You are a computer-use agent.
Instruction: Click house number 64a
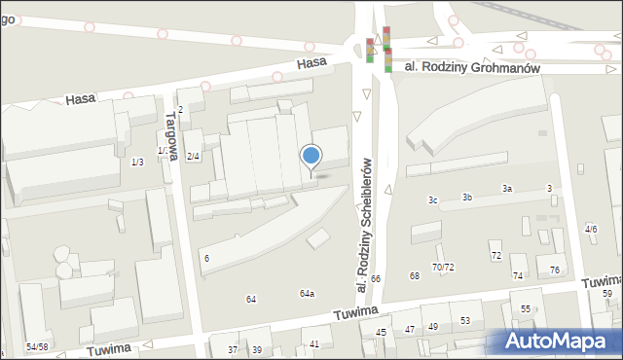pos(307,293)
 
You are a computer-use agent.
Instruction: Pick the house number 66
pos(375,279)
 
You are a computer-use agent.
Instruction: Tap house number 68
pos(414,276)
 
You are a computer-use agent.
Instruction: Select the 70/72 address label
pos(443,267)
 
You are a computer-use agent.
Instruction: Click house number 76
pos(555,270)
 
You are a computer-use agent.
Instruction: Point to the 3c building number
pos(433,200)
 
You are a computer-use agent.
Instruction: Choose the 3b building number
pos(467,198)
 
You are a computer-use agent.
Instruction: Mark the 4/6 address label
pos(591,229)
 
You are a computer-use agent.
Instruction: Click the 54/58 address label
pos(37,346)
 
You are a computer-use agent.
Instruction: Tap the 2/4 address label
pos(193,157)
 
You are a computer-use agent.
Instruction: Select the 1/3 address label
pos(137,162)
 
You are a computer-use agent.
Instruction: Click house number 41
pos(314,343)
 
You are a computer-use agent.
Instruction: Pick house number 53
pos(465,320)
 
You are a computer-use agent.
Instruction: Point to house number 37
pos(232,349)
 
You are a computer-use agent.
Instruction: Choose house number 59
pos(606,293)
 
